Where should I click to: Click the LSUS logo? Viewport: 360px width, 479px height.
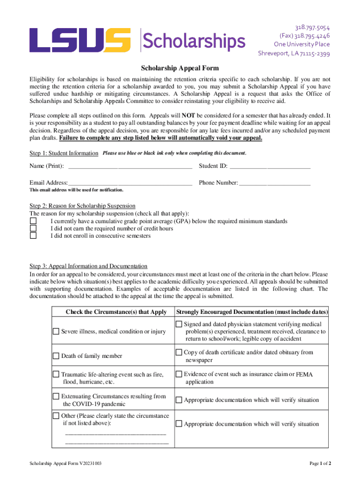tap(80, 40)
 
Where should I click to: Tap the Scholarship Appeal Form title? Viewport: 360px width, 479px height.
tap(180, 68)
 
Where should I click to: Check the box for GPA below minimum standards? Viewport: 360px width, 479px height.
tap(33, 221)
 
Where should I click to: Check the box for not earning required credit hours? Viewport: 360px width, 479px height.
tap(33, 228)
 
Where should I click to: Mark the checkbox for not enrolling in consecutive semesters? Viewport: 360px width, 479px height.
tap(33, 236)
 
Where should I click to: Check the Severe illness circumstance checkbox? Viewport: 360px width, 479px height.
tap(56, 331)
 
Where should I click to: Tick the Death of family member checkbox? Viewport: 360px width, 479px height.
tap(56, 356)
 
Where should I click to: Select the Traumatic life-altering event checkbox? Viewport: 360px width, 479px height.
tap(56, 374)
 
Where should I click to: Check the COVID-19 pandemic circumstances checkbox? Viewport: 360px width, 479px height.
tap(56, 396)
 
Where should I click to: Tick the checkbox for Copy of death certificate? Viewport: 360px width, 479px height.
tap(179, 352)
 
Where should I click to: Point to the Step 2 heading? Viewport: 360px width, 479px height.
tap(82, 206)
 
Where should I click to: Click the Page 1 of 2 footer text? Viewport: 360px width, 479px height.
tap(320, 463)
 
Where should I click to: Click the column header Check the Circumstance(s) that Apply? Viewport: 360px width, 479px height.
tap(116, 312)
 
